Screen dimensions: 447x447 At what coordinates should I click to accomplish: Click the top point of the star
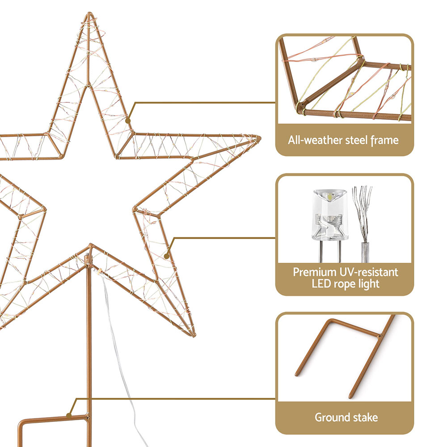[x=89, y=13]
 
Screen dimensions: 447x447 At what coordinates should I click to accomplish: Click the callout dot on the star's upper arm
[x=128, y=121]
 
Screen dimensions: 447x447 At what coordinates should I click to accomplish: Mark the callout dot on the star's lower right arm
[x=167, y=256]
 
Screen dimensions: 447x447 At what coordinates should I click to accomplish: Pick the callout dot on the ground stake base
[x=69, y=415]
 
